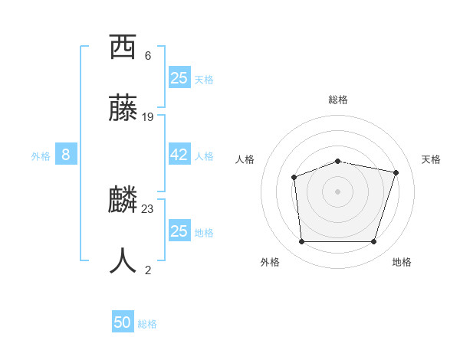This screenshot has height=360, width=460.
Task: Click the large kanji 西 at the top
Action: [x=123, y=47]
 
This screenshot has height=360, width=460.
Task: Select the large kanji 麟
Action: [x=123, y=200]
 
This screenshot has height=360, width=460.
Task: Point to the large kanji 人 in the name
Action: [x=123, y=260]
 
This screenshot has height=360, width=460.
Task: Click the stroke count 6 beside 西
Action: [x=148, y=56]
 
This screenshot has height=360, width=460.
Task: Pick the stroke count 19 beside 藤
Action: [x=148, y=117]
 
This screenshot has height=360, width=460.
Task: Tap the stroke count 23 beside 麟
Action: [x=148, y=208]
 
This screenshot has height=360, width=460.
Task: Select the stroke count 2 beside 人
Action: [x=148, y=270]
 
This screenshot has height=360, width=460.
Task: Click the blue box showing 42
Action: [x=179, y=155]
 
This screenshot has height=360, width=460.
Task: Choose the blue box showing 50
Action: [x=123, y=322]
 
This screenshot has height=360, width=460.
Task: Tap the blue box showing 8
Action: [x=66, y=155]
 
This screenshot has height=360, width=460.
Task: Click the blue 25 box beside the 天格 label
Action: [x=179, y=78]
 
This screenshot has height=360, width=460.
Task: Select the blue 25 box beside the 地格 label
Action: [x=179, y=231]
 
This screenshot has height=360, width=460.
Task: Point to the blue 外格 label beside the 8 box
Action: [x=41, y=156]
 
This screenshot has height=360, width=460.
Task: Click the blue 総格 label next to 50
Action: [x=147, y=324]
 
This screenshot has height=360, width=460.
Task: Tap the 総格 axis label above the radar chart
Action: [x=338, y=100]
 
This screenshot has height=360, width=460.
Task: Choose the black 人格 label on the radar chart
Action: [x=245, y=159]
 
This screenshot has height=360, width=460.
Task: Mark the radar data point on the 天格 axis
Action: [x=396, y=172]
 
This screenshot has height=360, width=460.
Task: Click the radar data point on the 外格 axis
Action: [x=301, y=242]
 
